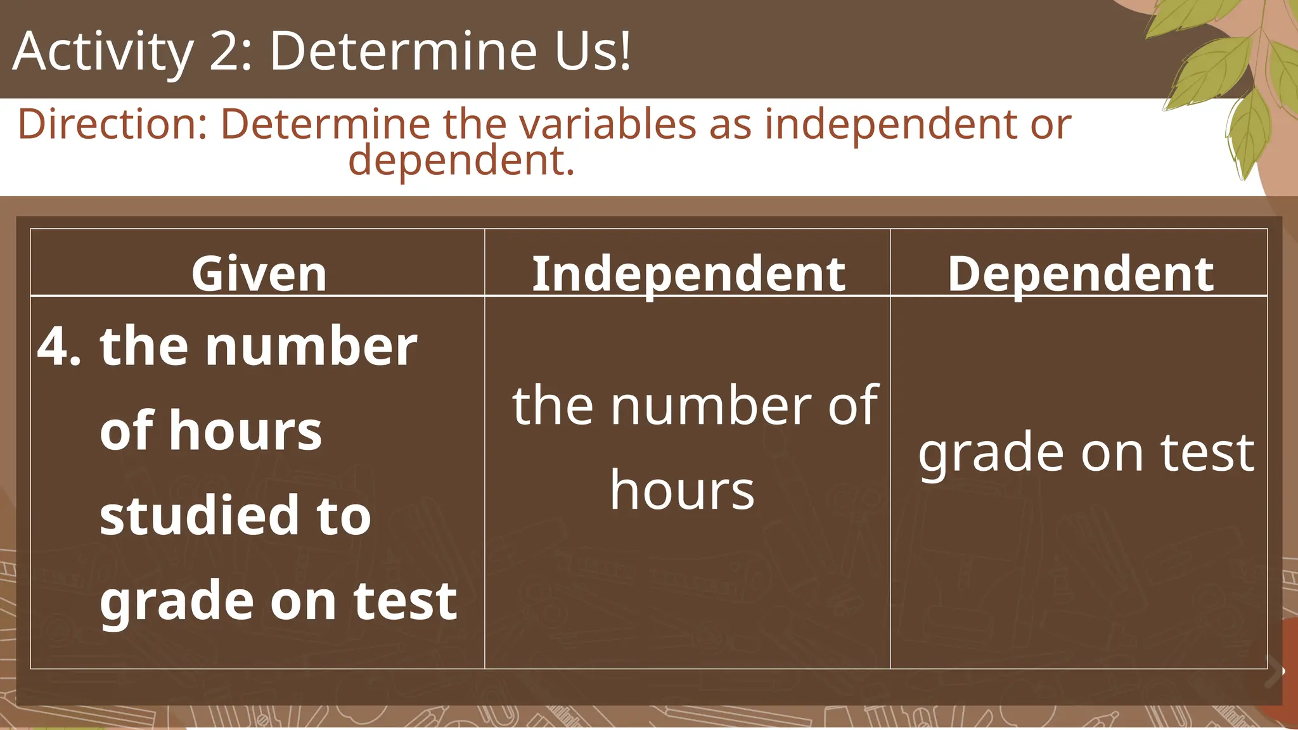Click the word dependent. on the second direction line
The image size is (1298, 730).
point(461,160)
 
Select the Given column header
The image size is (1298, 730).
point(259,274)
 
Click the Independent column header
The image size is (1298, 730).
point(688,274)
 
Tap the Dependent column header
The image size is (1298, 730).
point(1080,274)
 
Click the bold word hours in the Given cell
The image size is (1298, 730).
point(246,431)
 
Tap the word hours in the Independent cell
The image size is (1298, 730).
point(683,490)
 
